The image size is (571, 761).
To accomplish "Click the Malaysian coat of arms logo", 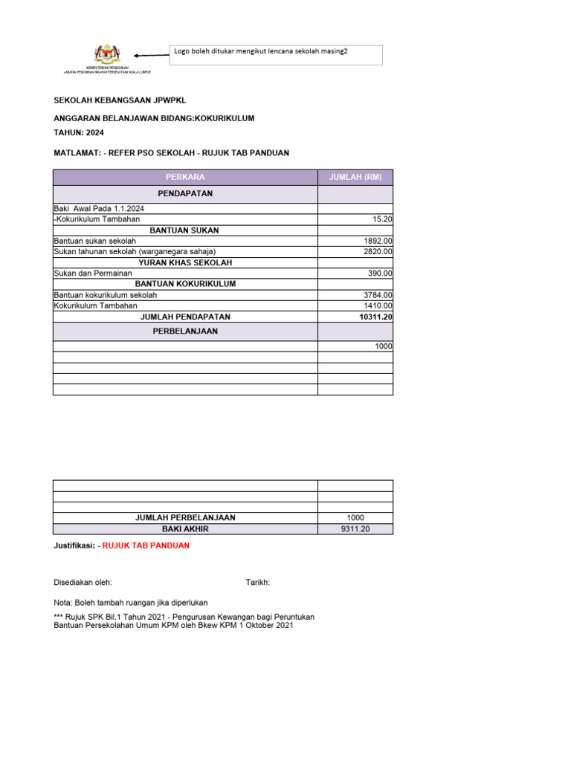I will click(107, 54).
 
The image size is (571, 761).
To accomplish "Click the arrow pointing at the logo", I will click(151, 55).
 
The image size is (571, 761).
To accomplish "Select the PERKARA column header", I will click(185, 177).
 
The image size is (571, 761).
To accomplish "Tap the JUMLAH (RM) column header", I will click(355, 177).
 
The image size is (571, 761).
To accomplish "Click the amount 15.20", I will click(382, 220).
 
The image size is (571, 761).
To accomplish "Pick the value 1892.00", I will click(378, 242).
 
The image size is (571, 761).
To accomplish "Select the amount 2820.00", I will click(378, 252).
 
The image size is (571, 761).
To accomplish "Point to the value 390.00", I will click(380, 273).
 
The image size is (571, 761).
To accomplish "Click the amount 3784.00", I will click(378, 295).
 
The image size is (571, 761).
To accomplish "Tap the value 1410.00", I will click(378, 305).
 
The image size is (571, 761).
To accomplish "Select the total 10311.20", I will click(375, 317).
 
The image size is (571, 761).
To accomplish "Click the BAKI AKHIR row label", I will click(185, 529).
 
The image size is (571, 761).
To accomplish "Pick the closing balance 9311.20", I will click(355, 529).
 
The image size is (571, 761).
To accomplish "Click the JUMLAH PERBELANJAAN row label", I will click(185, 518).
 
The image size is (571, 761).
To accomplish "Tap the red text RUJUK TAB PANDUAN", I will click(146, 545).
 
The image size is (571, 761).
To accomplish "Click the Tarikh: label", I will click(257, 583).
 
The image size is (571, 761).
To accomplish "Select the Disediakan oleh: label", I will click(83, 583).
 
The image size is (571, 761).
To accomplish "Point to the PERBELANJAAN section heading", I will click(185, 331).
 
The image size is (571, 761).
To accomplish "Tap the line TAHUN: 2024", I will click(79, 133).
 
